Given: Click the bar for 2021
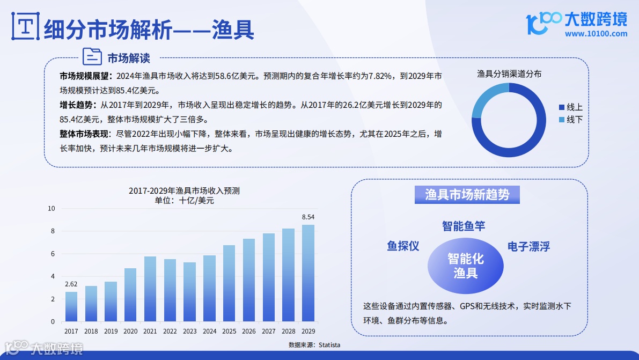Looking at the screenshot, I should coord(150,289).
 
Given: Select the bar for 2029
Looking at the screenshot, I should coord(308,273).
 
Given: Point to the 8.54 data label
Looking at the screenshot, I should coord(308,217).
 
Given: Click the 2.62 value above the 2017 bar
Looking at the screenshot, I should coord(71,284).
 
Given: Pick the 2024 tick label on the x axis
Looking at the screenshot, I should coord(209,332).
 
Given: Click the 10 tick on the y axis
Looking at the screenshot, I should coord(52,208).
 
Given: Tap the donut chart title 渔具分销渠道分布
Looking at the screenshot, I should coord(509,74).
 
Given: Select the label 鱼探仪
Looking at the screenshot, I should coord(403,246).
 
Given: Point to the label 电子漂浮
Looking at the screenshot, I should coord(528,247).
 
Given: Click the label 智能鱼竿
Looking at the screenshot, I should coord(464,226).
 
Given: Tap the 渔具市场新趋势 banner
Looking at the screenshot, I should coord(467,195).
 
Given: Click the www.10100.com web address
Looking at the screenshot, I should coord(596,34).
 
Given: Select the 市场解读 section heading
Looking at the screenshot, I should coord(129,57).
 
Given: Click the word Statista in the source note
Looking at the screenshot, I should coord(329,345).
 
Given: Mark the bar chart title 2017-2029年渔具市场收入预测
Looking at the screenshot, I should coord(184,191).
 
